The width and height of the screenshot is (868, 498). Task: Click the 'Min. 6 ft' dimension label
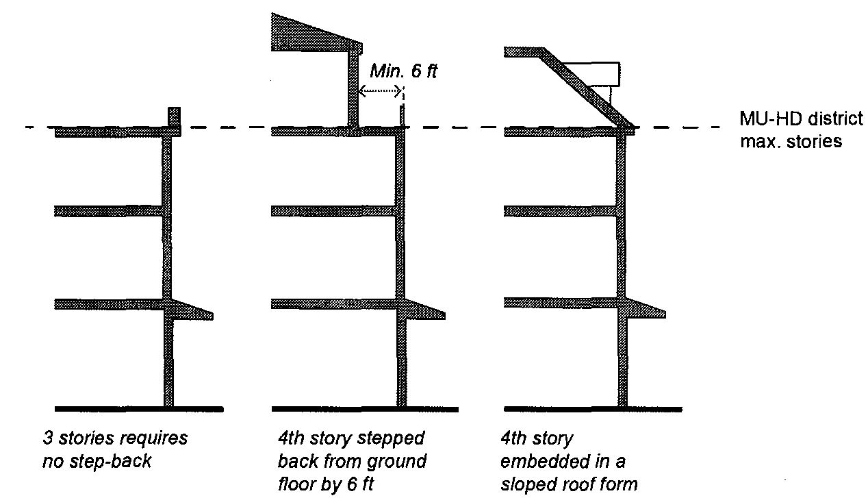(x=403, y=71)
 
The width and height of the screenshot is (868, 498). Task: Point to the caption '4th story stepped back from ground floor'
(x=352, y=460)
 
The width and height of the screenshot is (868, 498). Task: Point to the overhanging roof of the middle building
(x=308, y=38)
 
